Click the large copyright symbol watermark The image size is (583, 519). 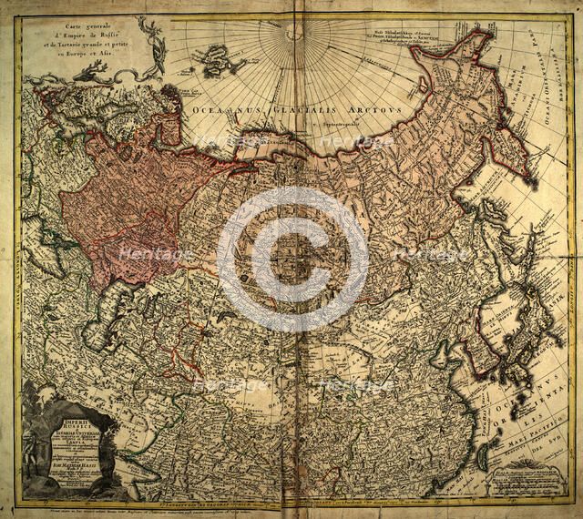(292, 259)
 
